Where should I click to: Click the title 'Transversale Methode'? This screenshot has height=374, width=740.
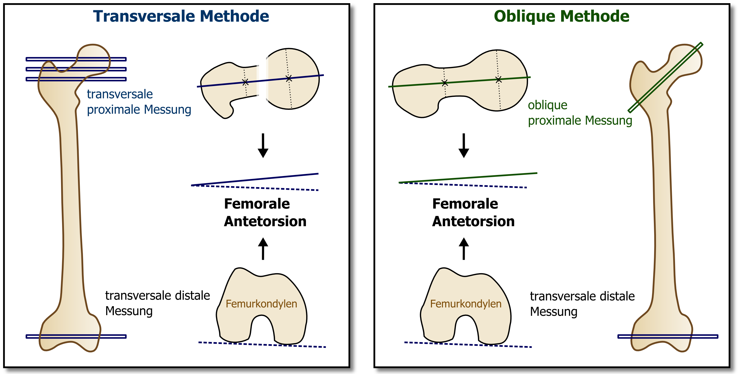pyautogui.click(x=181, y=16)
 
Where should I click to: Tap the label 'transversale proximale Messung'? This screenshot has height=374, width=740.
pyautogui.click(x=139, y=102)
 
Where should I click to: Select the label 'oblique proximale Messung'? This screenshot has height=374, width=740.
pyautogui.click(x=580, y=113)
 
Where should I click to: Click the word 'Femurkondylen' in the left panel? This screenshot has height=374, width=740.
pyautogui.click(x=261, y=304)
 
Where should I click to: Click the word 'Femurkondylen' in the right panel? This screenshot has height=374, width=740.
pyautogui.click(x=466, y=304)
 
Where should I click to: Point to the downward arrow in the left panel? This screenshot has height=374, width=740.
pyautogui.click(x=263, y=145)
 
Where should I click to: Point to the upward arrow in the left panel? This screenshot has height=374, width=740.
pyautogui.click(x=263, y=249)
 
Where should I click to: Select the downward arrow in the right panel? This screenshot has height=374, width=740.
pyautogui.click(x=464, y=145)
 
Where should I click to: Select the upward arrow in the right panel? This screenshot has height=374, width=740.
pyautogui.click(x=464, y=249)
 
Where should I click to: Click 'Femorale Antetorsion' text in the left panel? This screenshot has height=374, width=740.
pyautogui.click(x=265, y=212)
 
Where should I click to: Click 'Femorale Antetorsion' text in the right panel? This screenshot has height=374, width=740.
pyautogui.click(x=473, y=212)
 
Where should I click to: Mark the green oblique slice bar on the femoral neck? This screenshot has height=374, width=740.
pyautogui.click(x=665, y=78)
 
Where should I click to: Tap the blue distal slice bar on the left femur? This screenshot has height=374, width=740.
pyautogui.click(x=76, y=337)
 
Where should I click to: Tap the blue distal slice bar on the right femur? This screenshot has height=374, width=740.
pyautogui.click(x=668, y=337)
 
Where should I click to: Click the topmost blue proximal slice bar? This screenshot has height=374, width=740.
pyautogui.click(x=76, y=59)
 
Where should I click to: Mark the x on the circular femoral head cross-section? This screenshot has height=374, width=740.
pyautogui.click(x=289, y=78)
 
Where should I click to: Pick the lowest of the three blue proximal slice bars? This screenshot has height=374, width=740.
pyautogui.click(x=76, y=79)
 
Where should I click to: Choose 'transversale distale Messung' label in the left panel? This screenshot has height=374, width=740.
pyautogui.click(x=157, y=303)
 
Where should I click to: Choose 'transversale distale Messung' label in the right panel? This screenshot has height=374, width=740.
pyautogui.click(x=582, y=304)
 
